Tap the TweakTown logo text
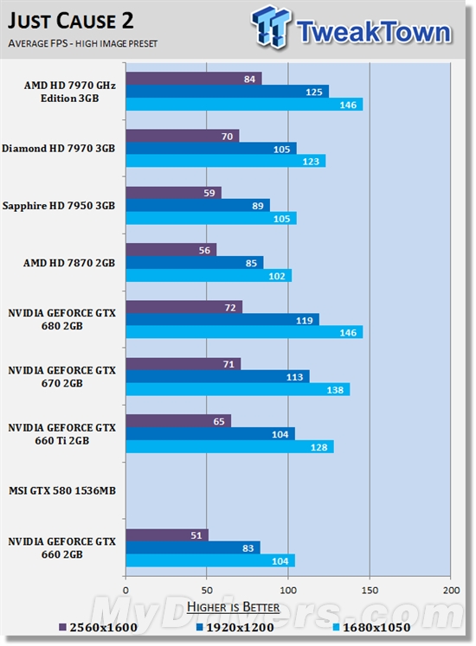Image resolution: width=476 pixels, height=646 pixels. click(x=373, y=32)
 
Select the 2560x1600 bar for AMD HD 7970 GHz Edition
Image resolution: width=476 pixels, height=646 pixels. click(x=193, y=79)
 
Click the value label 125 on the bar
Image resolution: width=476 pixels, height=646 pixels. click(x=317, y=92)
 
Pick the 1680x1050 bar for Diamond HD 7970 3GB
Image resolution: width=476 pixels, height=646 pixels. click(x=225, y=161)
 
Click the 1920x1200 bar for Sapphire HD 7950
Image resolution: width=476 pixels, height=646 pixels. click(x=197, y=205)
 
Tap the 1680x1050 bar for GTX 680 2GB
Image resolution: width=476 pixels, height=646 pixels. click(x=244, y=332)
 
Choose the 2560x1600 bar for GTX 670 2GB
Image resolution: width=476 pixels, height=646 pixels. click(x=183, y=364)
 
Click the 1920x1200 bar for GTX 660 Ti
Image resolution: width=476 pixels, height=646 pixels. click(x=209, y=433)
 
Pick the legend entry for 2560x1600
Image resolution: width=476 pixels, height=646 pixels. click(x=99, y=628)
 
